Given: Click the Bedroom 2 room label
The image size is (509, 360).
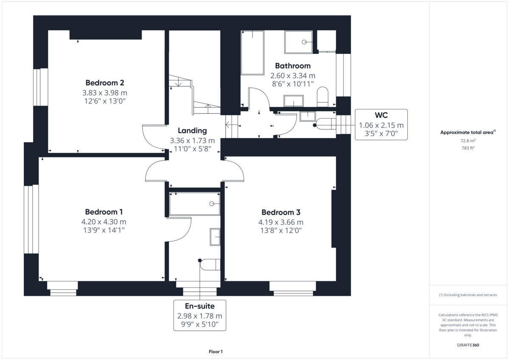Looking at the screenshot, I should click(105, 83).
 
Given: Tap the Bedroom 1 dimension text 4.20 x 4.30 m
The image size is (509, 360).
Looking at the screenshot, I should click(104, 222).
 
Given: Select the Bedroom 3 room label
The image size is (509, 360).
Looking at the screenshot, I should click(281, 212).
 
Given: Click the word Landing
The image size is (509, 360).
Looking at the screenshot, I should click(192, 131).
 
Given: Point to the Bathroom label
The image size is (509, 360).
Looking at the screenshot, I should click(293, 66).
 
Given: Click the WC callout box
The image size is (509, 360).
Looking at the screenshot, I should click(381, 125).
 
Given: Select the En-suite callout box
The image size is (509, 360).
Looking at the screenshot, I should click(199, 315).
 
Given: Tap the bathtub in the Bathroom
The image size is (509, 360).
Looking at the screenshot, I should click(252, 52).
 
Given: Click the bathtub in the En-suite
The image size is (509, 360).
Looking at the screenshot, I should click(195, 204).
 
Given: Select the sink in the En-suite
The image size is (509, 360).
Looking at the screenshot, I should click(215, 237).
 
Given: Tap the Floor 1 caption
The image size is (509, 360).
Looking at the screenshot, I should click(215, 352).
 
